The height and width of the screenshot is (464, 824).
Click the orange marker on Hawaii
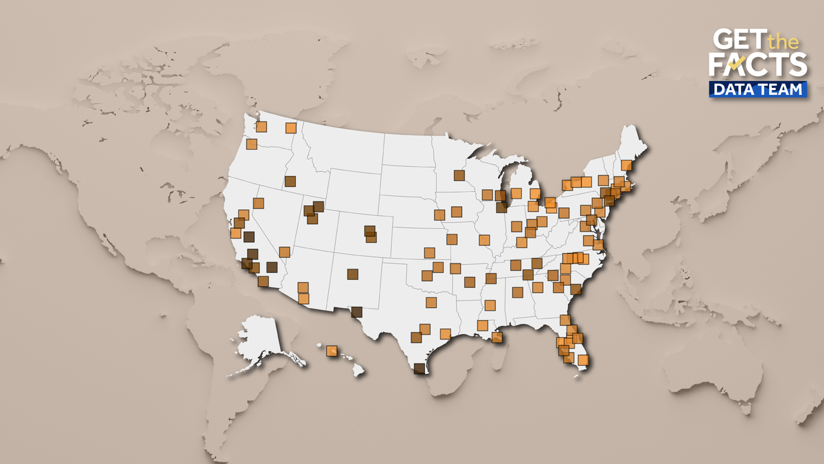pyautogui.click(x=332, y=351)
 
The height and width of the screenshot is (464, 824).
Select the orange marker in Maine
pyautogui.click(x=626, y=165)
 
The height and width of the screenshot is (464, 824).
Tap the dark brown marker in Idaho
pyautogui.click(x=290, y=181)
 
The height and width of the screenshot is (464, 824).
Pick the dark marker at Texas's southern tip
pyautogui.click(x=420, y=368)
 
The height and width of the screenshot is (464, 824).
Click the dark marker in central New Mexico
pyautogui.click(x=352, y=274)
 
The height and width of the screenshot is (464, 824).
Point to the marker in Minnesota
pyautogui.click(x=459, y=175)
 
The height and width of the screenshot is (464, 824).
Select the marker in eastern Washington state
pyautogui.click(x=290, y=128)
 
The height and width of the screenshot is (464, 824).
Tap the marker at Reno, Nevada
pyautogui.click(x=258, y=203)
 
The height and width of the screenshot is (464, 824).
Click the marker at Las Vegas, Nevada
pyautogui.click(x=284, y=252)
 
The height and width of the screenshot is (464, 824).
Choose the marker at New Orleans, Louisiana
pyautogui.click(x=496, y=337)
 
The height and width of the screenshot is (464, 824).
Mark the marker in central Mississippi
pyautogui.click(x=490, y=305)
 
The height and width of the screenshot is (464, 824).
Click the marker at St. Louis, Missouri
pyautogui.click(x=484, y=240)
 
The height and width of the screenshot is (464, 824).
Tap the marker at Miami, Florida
pyautogui.click(x=583, y=360)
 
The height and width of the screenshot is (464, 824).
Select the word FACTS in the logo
pyautogui.click(x=757, y=65)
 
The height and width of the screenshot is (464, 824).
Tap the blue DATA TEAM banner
pyautogui.click(x=758, y=89)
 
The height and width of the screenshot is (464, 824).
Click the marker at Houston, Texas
pyautogui.click(x=445, y=334)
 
